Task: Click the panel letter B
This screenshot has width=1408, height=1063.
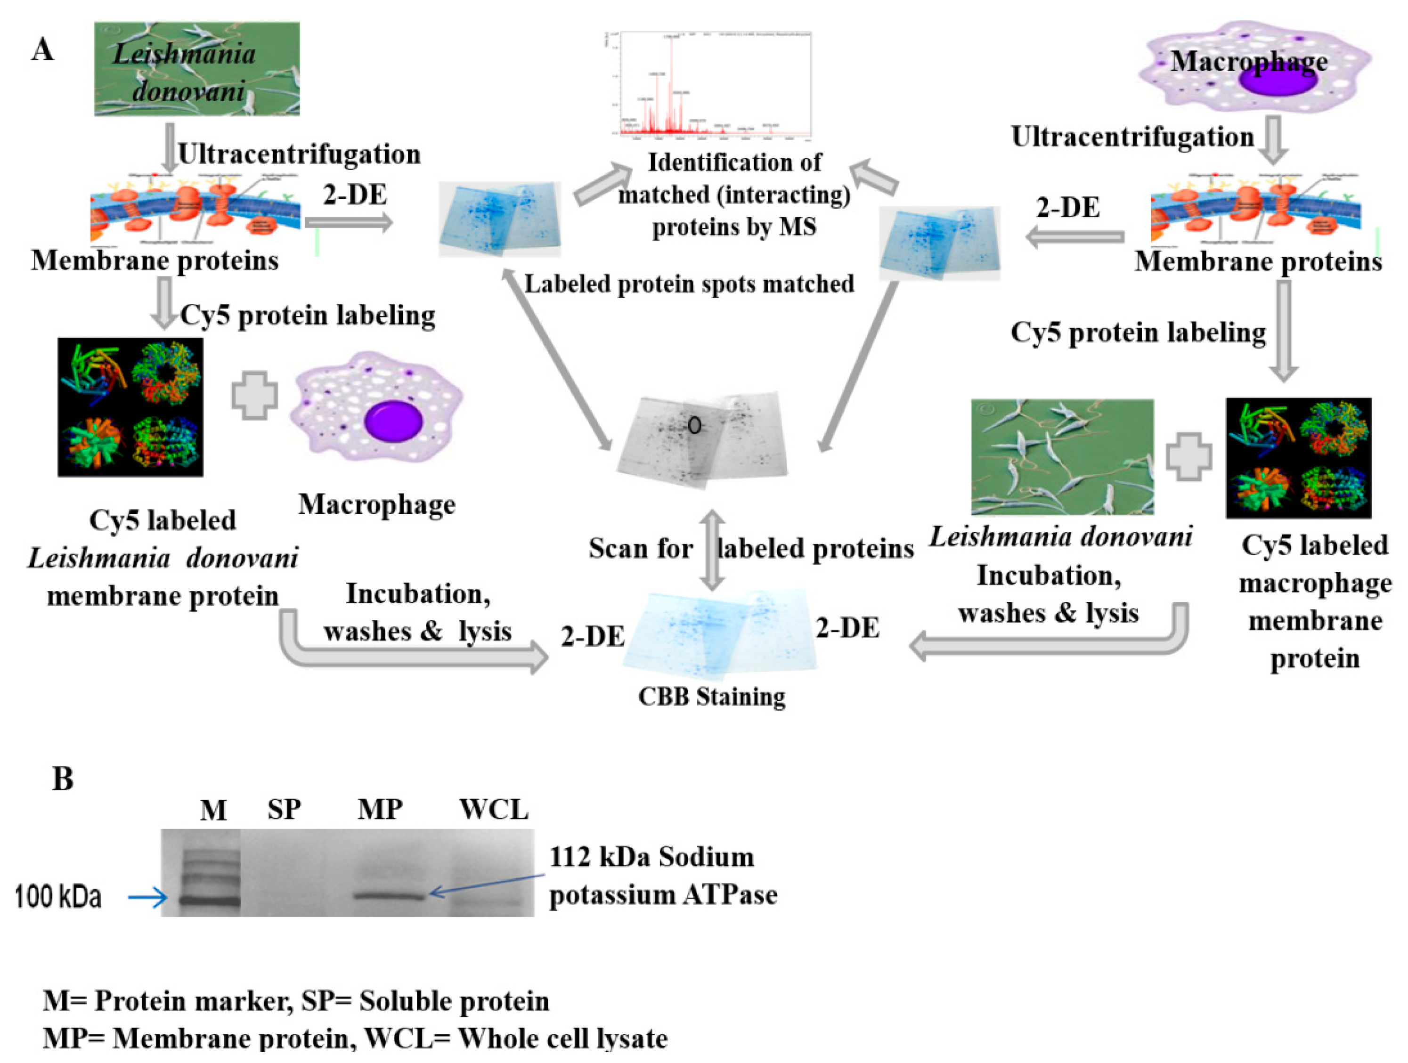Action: coord(62,779)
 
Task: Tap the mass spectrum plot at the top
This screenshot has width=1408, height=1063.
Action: coord(709,85)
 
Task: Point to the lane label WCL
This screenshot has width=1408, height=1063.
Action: coord(493,810)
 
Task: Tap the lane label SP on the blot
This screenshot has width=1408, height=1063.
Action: coord(284,810)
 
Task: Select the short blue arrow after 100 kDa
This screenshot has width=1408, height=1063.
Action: coord(147,898)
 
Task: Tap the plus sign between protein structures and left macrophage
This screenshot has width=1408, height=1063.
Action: coord(254,395)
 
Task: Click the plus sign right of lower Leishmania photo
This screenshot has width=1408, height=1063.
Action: coord(1188,456)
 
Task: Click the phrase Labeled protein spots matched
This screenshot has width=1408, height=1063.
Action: coord(689,284)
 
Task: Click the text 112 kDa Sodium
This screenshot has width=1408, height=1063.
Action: coord(651,857)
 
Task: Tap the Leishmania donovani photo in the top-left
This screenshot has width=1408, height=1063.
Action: coord(197,69)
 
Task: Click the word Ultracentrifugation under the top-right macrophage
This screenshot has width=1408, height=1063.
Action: coord(1132,137)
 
